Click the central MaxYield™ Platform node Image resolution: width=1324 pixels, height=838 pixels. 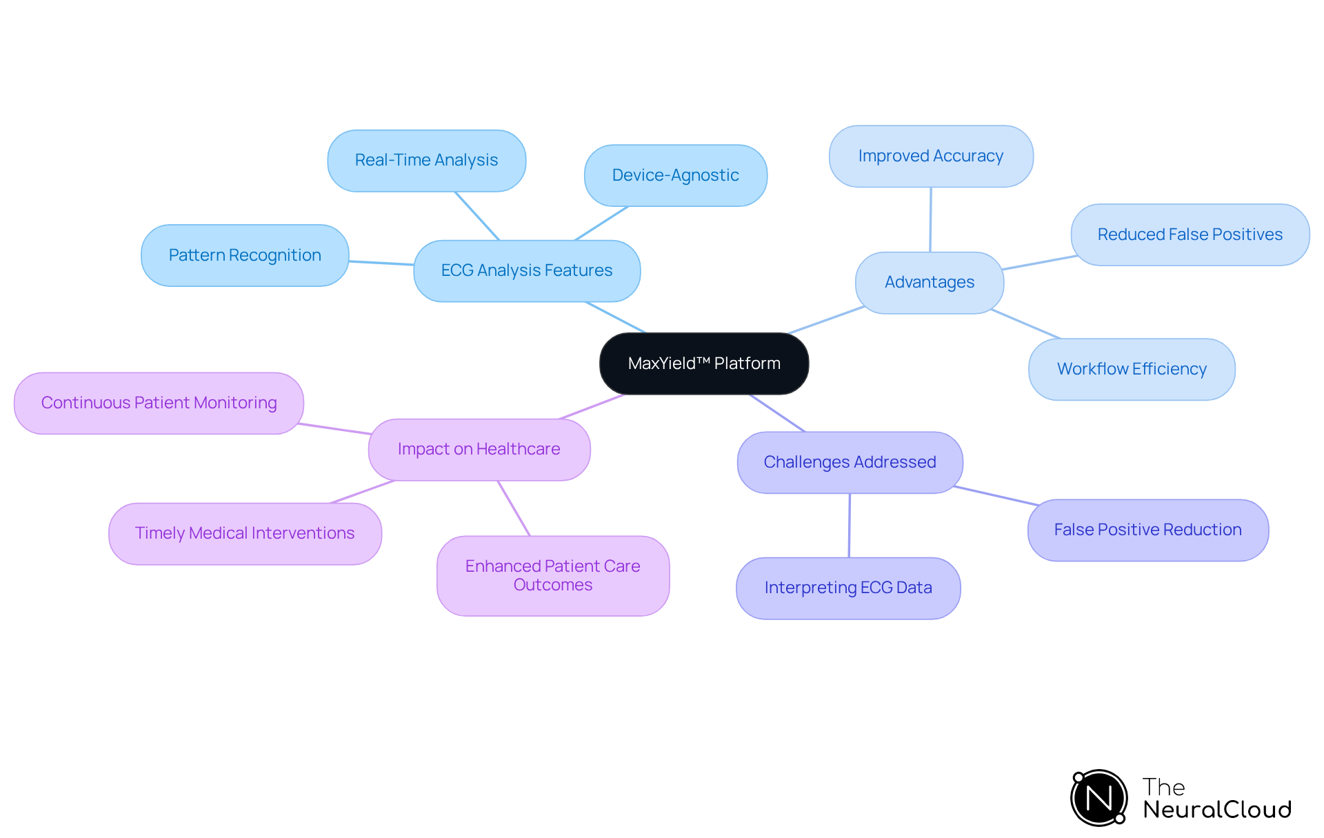(x=704, y=363)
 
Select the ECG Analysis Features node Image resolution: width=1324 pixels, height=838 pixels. (x=527, y=270)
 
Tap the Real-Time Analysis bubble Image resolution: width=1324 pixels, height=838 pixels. (x=426, y=160)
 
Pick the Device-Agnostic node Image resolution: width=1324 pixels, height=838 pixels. (x=675, y=175)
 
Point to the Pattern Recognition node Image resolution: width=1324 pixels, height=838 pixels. (x=245, y=255)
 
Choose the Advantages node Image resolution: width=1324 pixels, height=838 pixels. (x=929, y=282)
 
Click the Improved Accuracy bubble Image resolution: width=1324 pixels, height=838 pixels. (x=930, y=156)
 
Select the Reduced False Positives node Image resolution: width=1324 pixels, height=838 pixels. (x=1190, y=235)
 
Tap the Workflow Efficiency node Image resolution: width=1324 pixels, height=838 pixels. (x=1132, y=369)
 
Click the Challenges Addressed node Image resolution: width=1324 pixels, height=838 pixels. (x=850, y=462)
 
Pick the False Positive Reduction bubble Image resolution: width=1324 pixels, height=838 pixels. (x=1147, y=530)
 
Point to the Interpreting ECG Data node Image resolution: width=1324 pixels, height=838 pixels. (x=848, y=588)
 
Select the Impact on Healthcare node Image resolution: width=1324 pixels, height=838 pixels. (x=479, y=449)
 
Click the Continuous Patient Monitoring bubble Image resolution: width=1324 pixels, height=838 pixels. (x=159, y=403)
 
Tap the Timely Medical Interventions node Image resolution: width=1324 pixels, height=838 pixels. (x=245, y=533)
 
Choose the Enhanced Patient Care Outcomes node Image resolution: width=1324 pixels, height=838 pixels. (x=552, y=575)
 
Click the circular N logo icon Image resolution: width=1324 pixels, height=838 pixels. (x=1099, y=798)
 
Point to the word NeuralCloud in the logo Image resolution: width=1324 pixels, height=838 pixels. (x=1217, y=810)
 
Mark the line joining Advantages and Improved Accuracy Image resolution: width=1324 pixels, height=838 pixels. (x=930, y=219)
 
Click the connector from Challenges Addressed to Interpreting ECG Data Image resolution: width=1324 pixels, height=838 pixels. (x=849, y=526)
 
